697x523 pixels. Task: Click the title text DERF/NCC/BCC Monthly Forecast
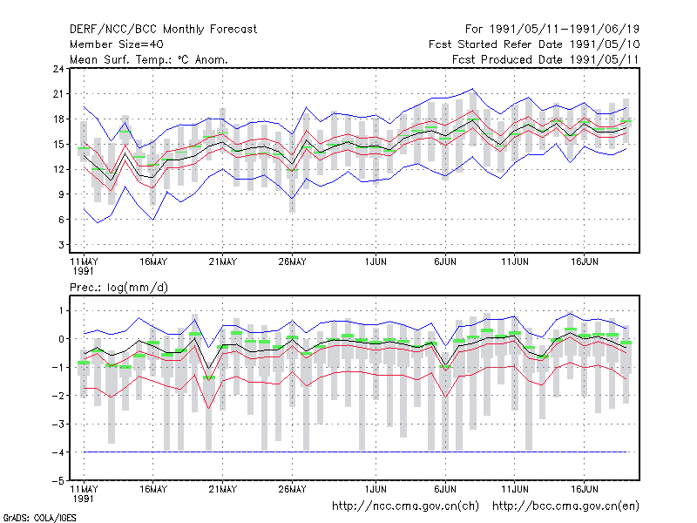(163, 30)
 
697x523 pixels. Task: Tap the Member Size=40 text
(117, 44)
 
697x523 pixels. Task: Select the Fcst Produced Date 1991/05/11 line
(545, 59)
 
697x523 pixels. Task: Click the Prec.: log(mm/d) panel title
(118, 288)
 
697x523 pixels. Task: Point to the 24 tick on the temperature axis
(58, 69)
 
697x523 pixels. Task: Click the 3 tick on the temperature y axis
(61, 245)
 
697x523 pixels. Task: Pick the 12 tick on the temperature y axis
(58, 169)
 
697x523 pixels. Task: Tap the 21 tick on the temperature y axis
(58, 94)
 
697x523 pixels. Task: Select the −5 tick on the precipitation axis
(58, 480)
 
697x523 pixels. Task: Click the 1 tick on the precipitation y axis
(61, 310)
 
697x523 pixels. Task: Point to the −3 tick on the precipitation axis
(58, 424)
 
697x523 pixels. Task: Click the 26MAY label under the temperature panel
(292, 261)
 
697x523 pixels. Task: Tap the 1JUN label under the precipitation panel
(376, 489)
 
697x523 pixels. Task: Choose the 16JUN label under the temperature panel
(584, 261)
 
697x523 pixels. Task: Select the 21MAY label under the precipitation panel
(223, 489)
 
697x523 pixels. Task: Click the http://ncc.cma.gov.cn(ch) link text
(405, 506)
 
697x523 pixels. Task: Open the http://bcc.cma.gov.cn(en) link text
(565, 506)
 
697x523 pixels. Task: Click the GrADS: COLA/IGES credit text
(39, 518)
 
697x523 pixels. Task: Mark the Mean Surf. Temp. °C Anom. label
(149, 59)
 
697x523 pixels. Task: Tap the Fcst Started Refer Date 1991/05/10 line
(534, 44)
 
